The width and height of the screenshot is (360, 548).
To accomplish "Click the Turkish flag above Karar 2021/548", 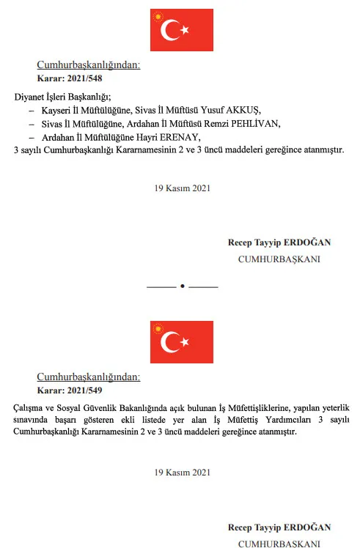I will tap(181, 30).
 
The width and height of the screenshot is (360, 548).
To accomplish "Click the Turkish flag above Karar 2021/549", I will tap(181, 341).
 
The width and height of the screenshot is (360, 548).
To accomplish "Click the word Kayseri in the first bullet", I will tap(58, 109).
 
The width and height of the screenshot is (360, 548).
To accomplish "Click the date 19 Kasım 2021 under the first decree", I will tap(182, 188).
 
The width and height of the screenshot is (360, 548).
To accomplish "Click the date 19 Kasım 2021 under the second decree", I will tap(182, 473).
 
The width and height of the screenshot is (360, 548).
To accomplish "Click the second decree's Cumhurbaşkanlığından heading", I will tap(88, 377).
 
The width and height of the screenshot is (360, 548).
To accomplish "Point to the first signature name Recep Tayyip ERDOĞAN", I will tap(279, 243).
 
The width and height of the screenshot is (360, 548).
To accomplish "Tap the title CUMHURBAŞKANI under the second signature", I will tap(279, 543).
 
